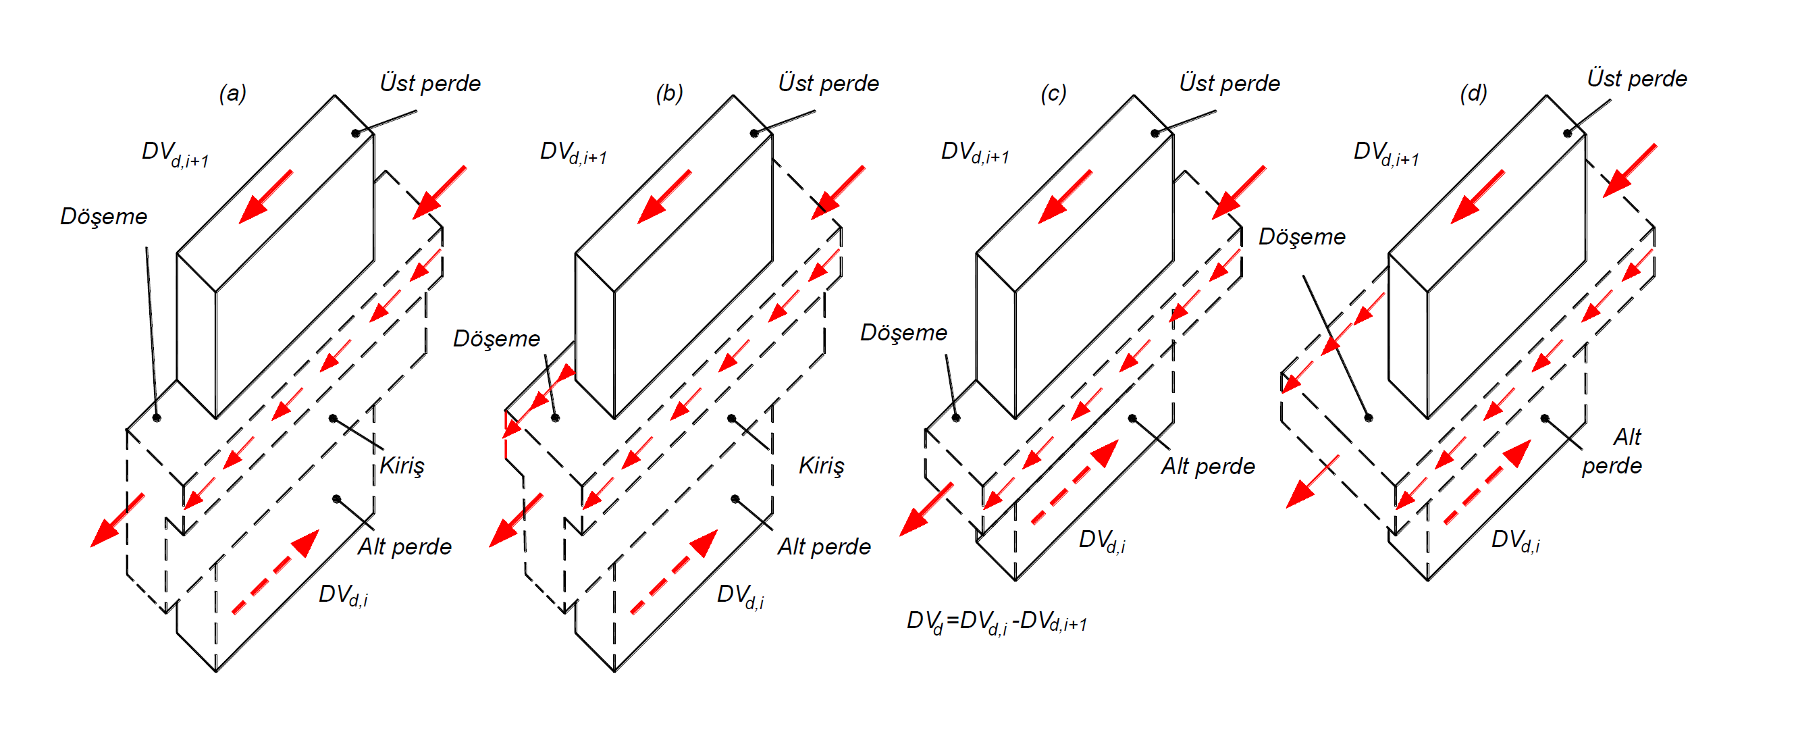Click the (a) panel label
[232, 93]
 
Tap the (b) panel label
[669, 93]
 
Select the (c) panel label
[1053, 93]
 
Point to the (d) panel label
[1473, 93]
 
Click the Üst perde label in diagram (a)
[429, 83]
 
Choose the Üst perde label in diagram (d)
[1637, 78]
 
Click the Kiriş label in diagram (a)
[402, 465]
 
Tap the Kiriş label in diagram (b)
[821, 465]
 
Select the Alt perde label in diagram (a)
[404, 546]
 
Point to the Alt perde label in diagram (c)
[1207, 466]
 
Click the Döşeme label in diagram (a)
[103, 216]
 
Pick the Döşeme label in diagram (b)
[496, 339]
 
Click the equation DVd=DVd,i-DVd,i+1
[997, 621]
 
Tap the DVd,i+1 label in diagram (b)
[573, 153]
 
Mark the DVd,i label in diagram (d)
[1515, 540]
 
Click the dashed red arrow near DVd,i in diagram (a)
[275, 572]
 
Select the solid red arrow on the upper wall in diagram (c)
[1065, 197]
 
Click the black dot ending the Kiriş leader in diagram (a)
[334, 418]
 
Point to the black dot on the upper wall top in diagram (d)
[1567, 133]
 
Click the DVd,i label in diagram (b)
[741, 596]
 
